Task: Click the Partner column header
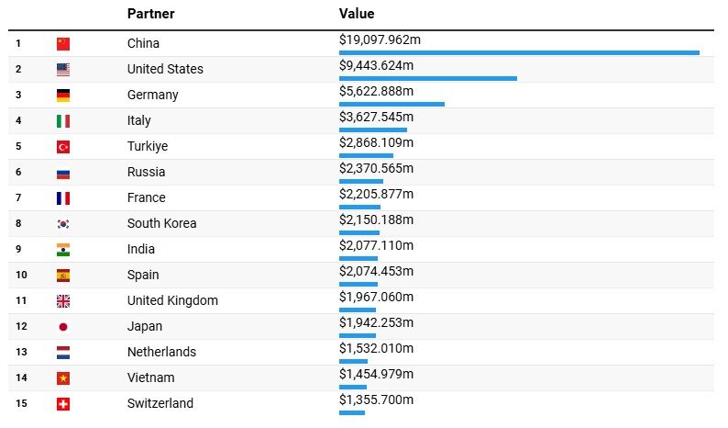click(x=150, y=14)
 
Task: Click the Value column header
click(x=357, y=14)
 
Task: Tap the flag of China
click(x=62, y=43)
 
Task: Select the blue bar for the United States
click(x=427, y=78)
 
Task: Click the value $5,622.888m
click(x=376, y=91)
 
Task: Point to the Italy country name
click(x=139, y=120)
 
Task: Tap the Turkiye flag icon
click(x=62, y=146)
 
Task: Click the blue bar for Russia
click(x=360, y=181)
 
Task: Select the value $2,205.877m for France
click(x=376, y=194)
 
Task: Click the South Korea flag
click(x=62, y=223)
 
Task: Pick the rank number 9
click(x=18, y=249)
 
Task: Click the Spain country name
click(x=143, y=275)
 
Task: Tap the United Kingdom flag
click(x=62, y=300)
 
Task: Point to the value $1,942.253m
click(x=376, y=322)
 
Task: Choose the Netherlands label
click(x=161, y=352)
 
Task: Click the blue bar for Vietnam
click(x=352, y=387)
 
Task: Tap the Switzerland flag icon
click(x=62, y=403)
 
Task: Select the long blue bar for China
click(x=519, y=52)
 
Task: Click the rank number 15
click(x=21, y=403)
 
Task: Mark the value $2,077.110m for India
click(x=376, y=245)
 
